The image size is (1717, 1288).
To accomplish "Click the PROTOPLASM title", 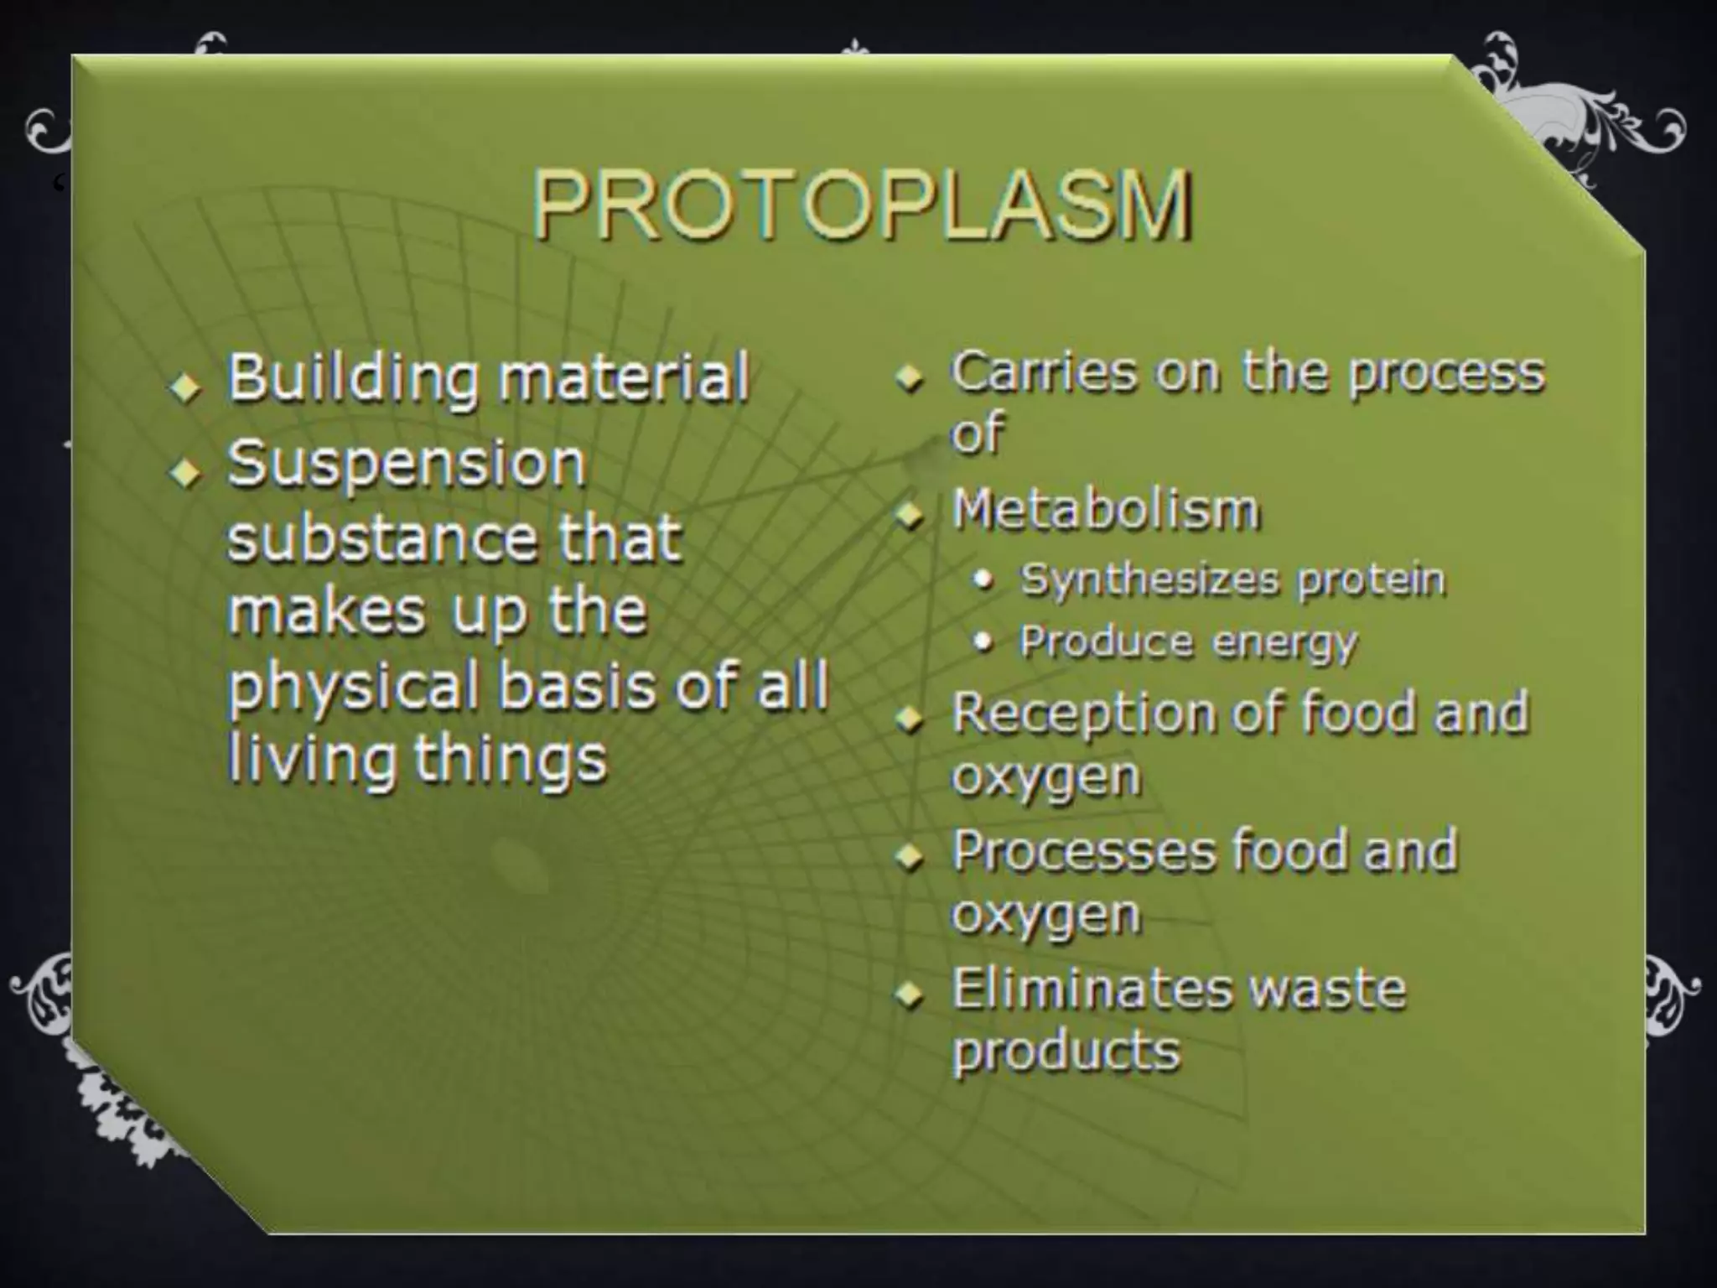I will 862,205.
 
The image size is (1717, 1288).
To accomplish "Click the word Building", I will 352,379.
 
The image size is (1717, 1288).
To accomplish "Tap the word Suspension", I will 406,465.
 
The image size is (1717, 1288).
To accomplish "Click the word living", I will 310,760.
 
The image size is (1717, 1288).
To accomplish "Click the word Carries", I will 1043,372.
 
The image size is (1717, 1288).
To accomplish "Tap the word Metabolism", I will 1106,511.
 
